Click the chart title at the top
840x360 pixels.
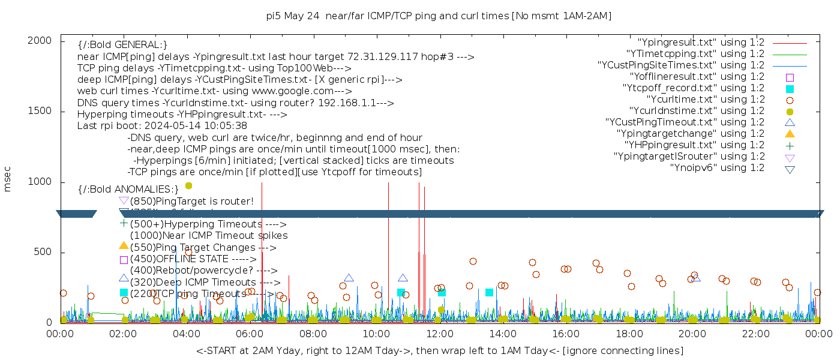click(439, 16)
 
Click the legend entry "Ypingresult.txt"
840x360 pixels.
click(701, 43)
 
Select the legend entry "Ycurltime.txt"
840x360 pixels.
click(705, 100)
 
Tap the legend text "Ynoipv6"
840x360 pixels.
click(717, 168)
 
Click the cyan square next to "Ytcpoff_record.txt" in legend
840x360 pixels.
click(790, 89)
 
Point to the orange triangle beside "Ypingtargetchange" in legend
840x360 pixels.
click(790, 134)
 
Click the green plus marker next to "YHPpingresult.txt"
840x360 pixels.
click(790, 145)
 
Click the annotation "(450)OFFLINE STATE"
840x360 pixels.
click(179, 259)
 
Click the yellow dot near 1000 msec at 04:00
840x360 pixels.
click(188, 186)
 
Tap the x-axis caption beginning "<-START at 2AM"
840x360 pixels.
click(439, 350)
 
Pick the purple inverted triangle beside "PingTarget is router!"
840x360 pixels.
click(124, 201)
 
